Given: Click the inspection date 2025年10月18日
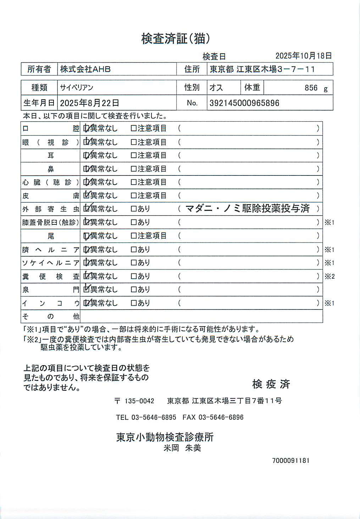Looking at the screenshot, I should point(304,56).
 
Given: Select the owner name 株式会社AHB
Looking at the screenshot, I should point(85,69).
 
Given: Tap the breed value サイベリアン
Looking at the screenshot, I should point(77,88).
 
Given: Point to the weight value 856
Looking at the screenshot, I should point(311,88).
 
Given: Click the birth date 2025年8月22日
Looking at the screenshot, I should point(89,103).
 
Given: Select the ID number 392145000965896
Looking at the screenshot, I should point(244,103).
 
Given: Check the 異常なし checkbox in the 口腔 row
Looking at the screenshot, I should point(86,128).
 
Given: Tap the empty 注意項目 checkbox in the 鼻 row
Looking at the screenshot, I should point(134,169).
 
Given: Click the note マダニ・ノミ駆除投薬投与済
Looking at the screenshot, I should point(248,208).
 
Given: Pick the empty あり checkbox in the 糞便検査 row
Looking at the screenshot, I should point(134,276).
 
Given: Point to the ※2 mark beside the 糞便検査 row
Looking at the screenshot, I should point(329,277).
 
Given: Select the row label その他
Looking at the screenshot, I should point(51,316).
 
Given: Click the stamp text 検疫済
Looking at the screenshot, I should point(271,384).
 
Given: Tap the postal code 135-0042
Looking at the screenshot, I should point(139,401).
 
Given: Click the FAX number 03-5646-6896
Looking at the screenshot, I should point(221,417).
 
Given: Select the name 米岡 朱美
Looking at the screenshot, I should point(182,448).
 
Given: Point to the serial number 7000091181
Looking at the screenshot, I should point(291,461).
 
